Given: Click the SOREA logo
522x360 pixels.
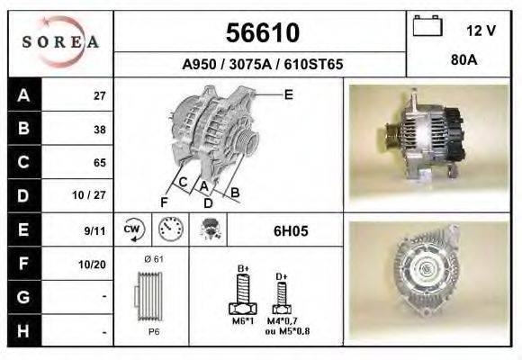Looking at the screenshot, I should pyautogui.click(x=61, y=42).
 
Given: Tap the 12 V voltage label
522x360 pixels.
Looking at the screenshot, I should pyautogui.click(x=481, y=31).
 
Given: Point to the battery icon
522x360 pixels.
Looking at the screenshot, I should pyautogui.click(x=426, y=27).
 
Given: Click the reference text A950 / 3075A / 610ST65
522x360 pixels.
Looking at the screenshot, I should pyautogui.click(x=262, y=65).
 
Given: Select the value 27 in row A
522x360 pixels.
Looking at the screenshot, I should pyautogui.click(x=99, y=95).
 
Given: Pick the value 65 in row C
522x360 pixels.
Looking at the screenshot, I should pyautogui.click(x=99, y=163).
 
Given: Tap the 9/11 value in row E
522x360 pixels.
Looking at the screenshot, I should pyautogui.click(x=94, y=230).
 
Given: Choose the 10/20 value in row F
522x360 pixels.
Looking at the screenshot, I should pyautogui.click(x=93, y=265).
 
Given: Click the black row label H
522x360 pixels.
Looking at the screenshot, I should pyautogui.click(x=23, y=330).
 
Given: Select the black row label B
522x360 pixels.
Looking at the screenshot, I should pyautogui.click(x=23, y=129).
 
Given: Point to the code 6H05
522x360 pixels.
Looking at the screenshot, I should pyautogui.click(x=291, y=230).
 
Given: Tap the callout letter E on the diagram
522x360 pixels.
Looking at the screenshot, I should pyautogui.click(x=288, y=94).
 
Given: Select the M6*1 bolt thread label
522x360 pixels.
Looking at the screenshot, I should pyautogui.click(x=242, y=320).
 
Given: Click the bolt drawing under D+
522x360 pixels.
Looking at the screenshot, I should pyautogui.click(x=281, y=292).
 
